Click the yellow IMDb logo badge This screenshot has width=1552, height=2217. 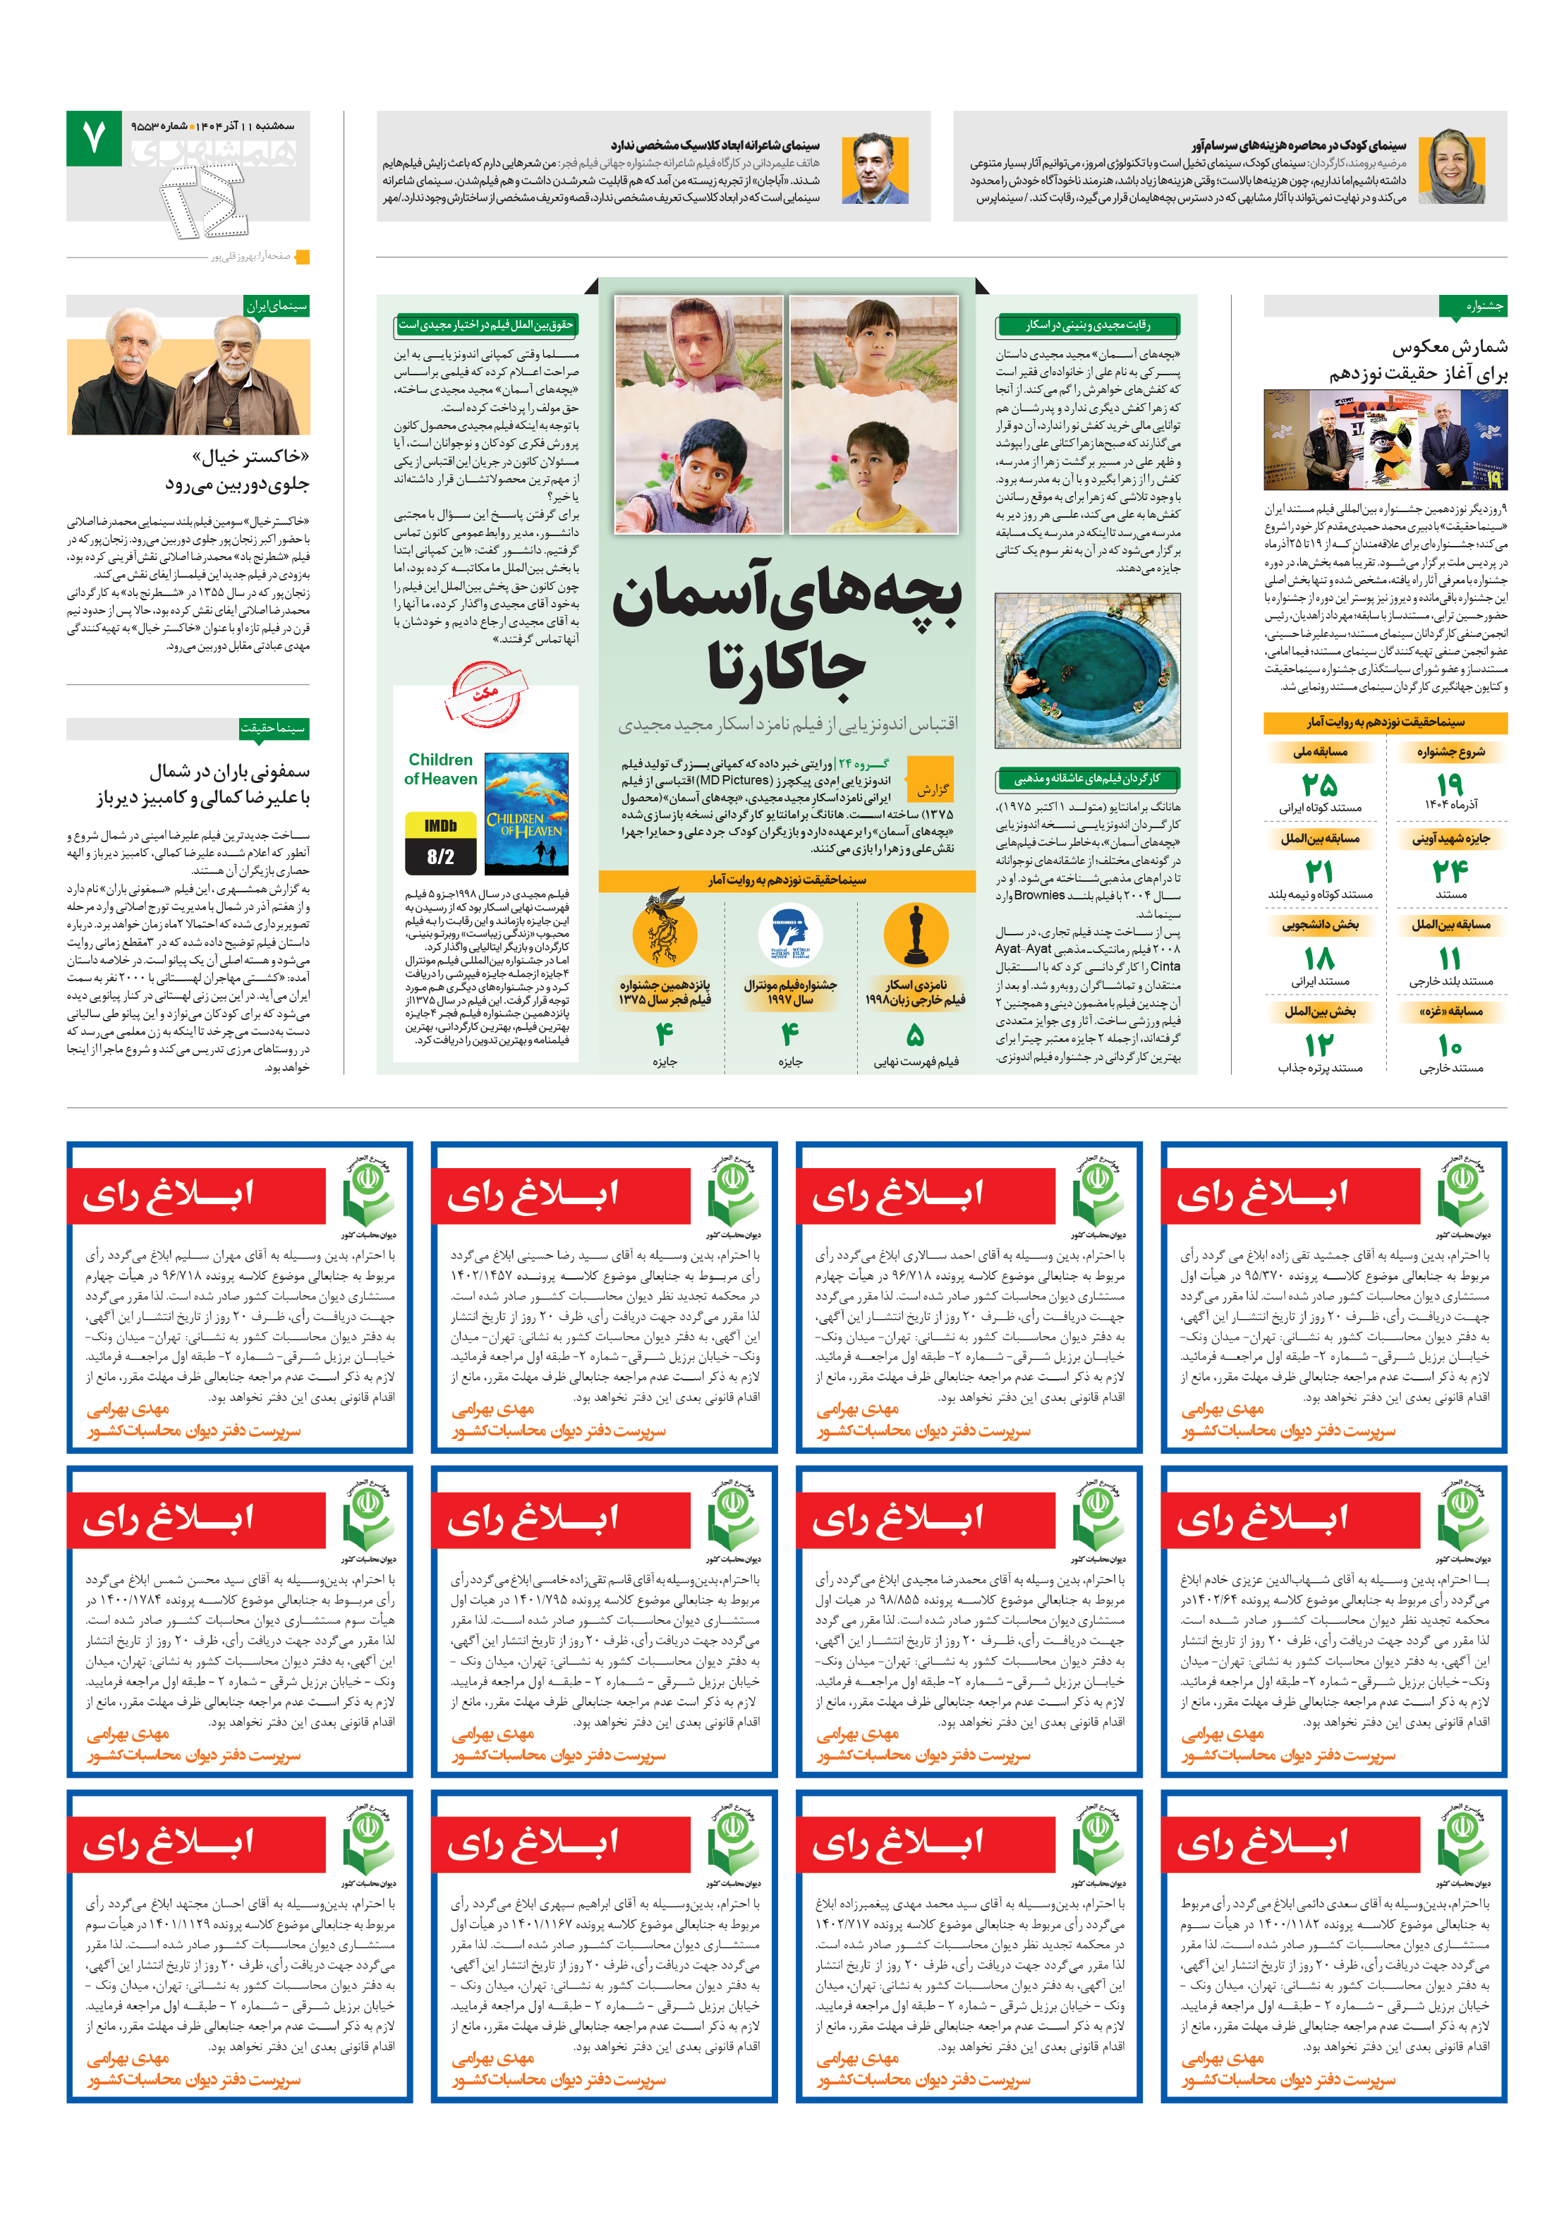[440, 825]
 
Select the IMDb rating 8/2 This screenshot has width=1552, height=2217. [440, 856]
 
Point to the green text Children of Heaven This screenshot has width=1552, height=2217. [440, 769]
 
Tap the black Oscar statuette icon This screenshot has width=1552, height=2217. [914, 935]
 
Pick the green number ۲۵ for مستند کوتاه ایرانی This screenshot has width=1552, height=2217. [1318, 783]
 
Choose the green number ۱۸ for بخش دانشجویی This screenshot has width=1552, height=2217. [1318, 958]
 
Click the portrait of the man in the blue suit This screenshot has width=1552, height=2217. [874, 168]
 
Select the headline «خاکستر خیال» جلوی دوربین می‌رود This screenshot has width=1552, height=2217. [238, 469]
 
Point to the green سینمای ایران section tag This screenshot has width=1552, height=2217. [277, 306]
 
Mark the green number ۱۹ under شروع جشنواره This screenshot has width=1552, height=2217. [1449, 783]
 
